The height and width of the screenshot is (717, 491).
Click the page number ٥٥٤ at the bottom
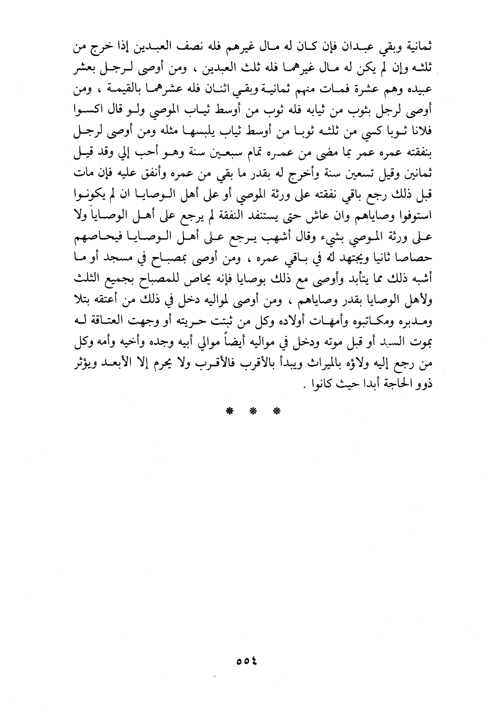(x=245, y=661)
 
